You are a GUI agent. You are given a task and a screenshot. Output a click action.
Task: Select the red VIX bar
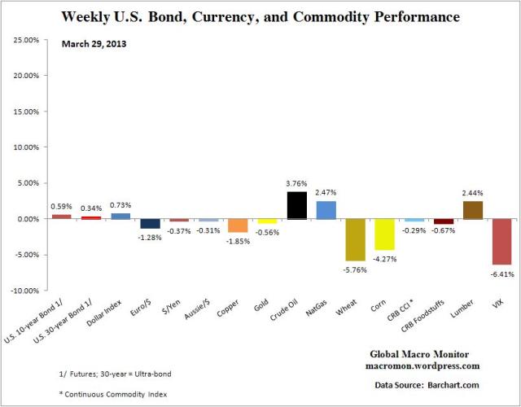[501, 242]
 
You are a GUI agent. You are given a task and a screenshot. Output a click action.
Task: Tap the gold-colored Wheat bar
[355, 239]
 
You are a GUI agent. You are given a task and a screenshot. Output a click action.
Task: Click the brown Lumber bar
[472, 210]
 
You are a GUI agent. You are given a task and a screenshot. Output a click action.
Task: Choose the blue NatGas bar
[326, 210]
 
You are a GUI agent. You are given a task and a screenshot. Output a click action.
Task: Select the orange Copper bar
[237, 225]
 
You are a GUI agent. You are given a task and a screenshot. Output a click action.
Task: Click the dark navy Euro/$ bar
[150, 224]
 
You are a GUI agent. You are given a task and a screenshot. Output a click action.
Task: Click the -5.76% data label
[355, 269]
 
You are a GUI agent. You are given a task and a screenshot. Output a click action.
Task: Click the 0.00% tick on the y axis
[30, 219]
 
